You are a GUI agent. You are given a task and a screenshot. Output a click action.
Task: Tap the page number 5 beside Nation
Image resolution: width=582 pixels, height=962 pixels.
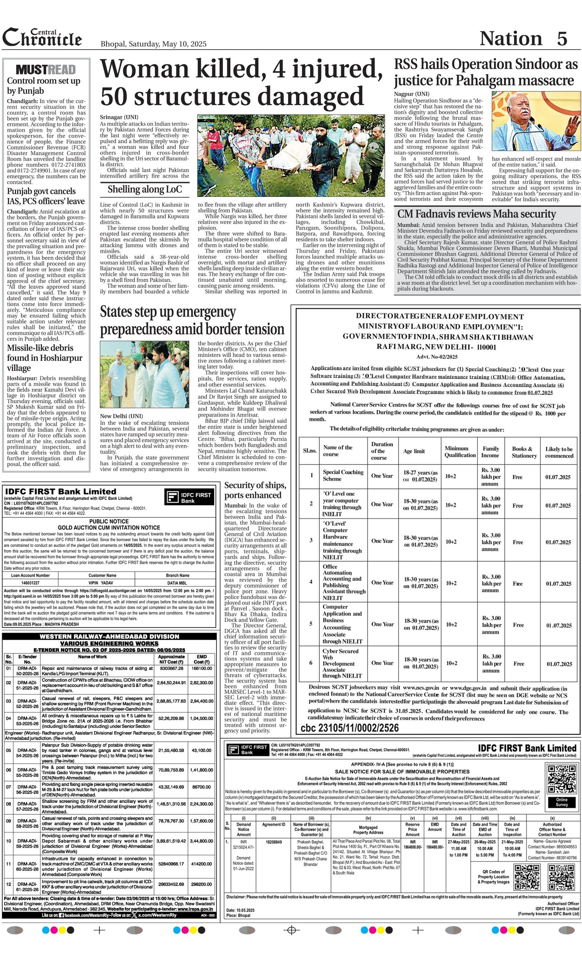tap(562, 38)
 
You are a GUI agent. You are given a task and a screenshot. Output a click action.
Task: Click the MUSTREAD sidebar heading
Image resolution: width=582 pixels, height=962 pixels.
tap(46, 69)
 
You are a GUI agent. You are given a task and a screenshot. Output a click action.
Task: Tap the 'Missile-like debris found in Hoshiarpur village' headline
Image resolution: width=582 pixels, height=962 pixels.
tap(45, 358)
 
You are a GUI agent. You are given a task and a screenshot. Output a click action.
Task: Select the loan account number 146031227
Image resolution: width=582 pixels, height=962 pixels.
tap(31, 583)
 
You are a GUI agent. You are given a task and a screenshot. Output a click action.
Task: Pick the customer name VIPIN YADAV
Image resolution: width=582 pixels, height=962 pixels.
tap(103, 583)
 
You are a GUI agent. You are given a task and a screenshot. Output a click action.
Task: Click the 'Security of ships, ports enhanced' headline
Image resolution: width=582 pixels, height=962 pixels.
tap(255, 490)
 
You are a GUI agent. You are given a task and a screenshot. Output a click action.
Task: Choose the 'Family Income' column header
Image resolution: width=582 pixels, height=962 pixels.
tap(490, 452)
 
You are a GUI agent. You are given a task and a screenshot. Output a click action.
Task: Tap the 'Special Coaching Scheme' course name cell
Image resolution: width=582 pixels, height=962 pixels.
tap(343, 475)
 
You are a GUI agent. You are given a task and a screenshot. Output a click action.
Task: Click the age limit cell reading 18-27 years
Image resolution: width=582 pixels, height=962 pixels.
tap(420, 476)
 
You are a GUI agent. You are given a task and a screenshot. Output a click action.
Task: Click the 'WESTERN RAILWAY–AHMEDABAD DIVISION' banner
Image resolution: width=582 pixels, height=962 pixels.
tap(109, 636)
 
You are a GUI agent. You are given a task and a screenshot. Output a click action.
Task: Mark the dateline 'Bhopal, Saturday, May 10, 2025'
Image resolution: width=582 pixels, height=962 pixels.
tap(154, 44)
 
